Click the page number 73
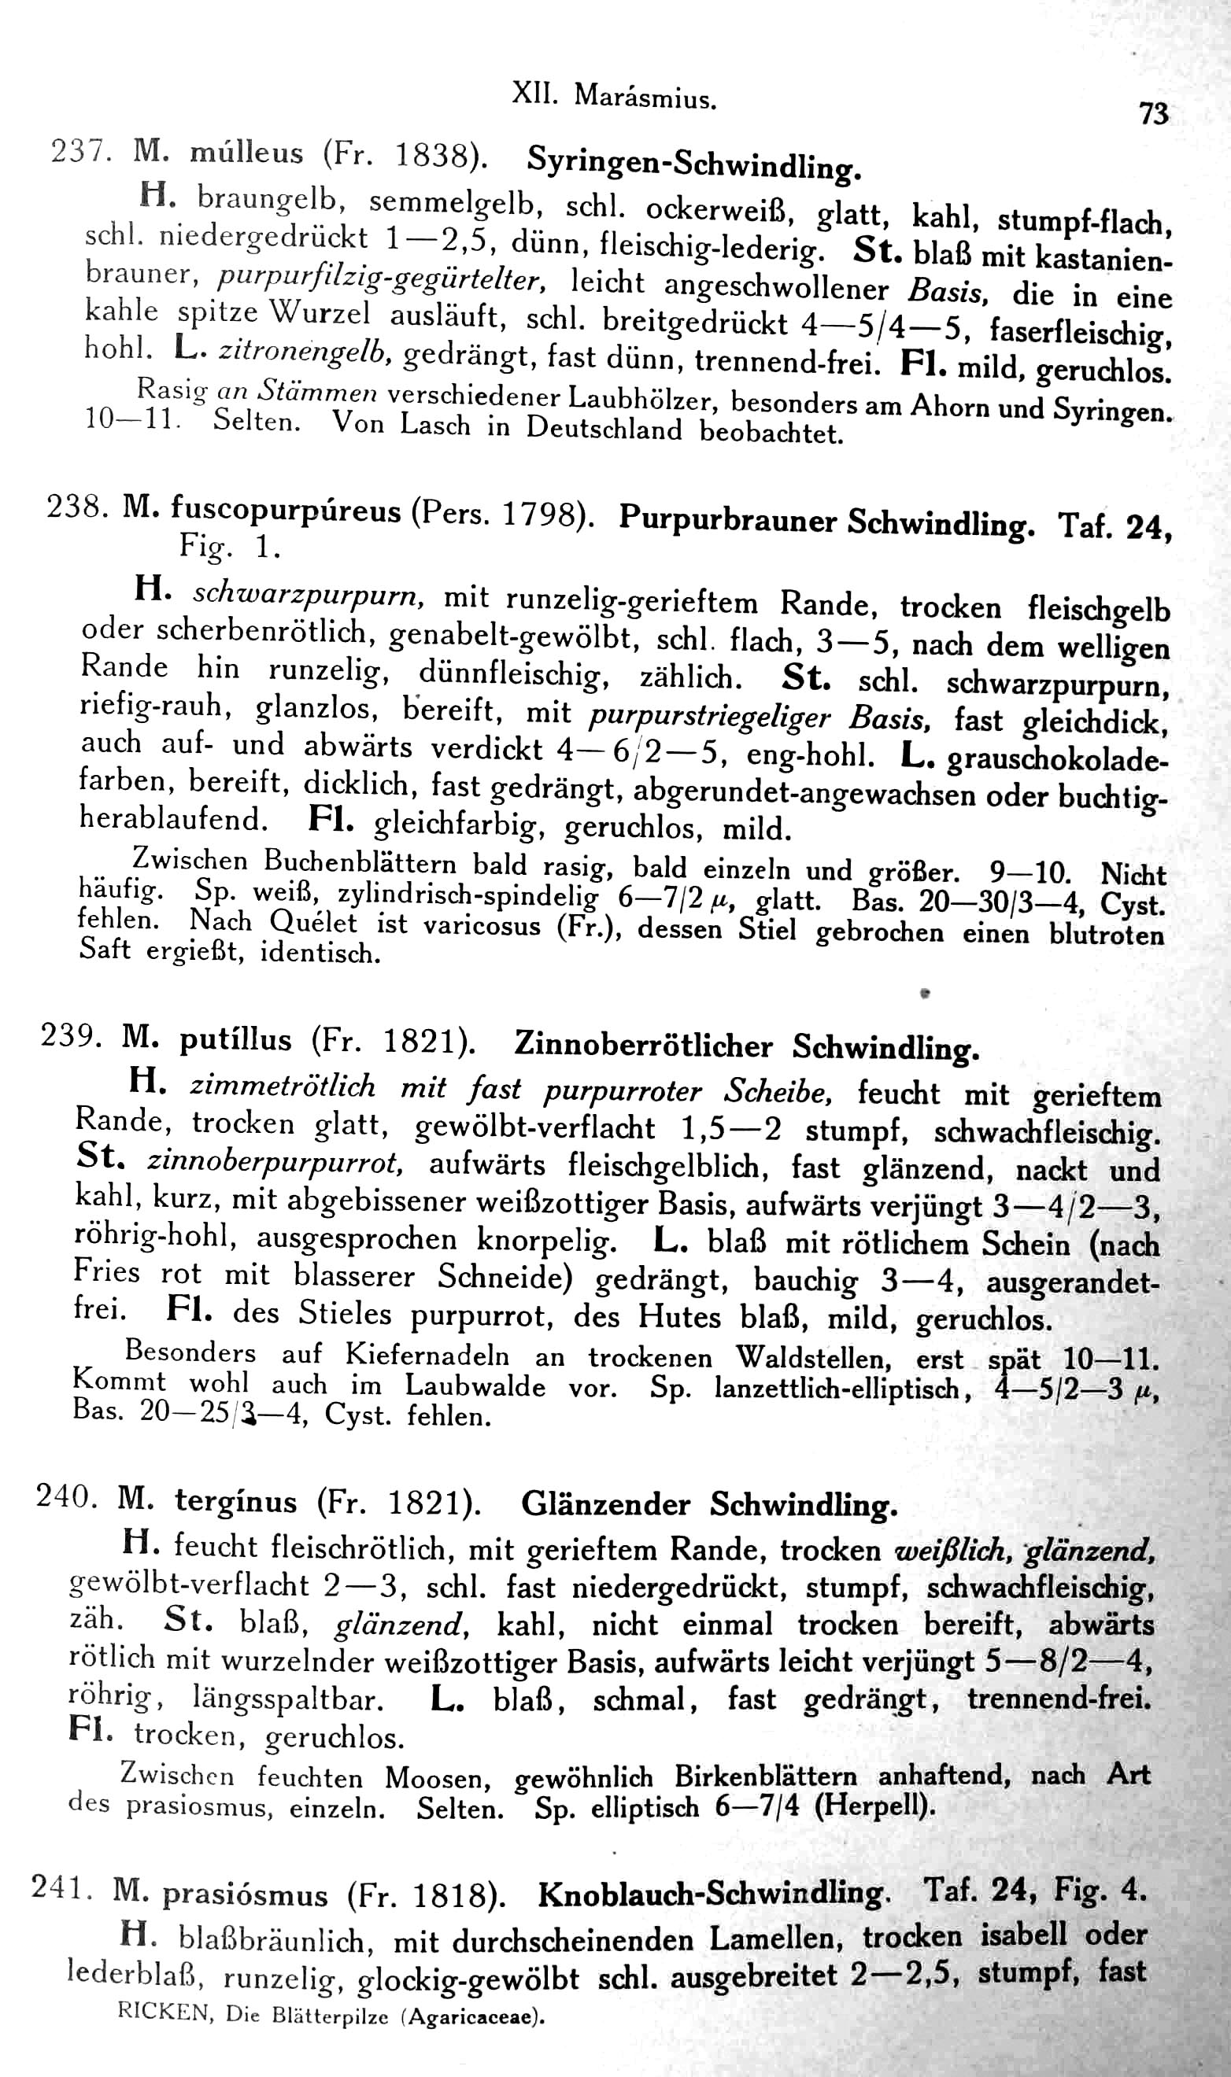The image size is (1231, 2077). (1154, 113)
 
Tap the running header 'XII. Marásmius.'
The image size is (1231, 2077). (614, 97)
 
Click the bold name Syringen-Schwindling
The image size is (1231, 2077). (694, 163)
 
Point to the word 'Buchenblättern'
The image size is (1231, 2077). (360, 862)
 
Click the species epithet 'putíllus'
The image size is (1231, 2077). (235, 1040)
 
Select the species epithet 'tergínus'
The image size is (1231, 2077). (235, 1502)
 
